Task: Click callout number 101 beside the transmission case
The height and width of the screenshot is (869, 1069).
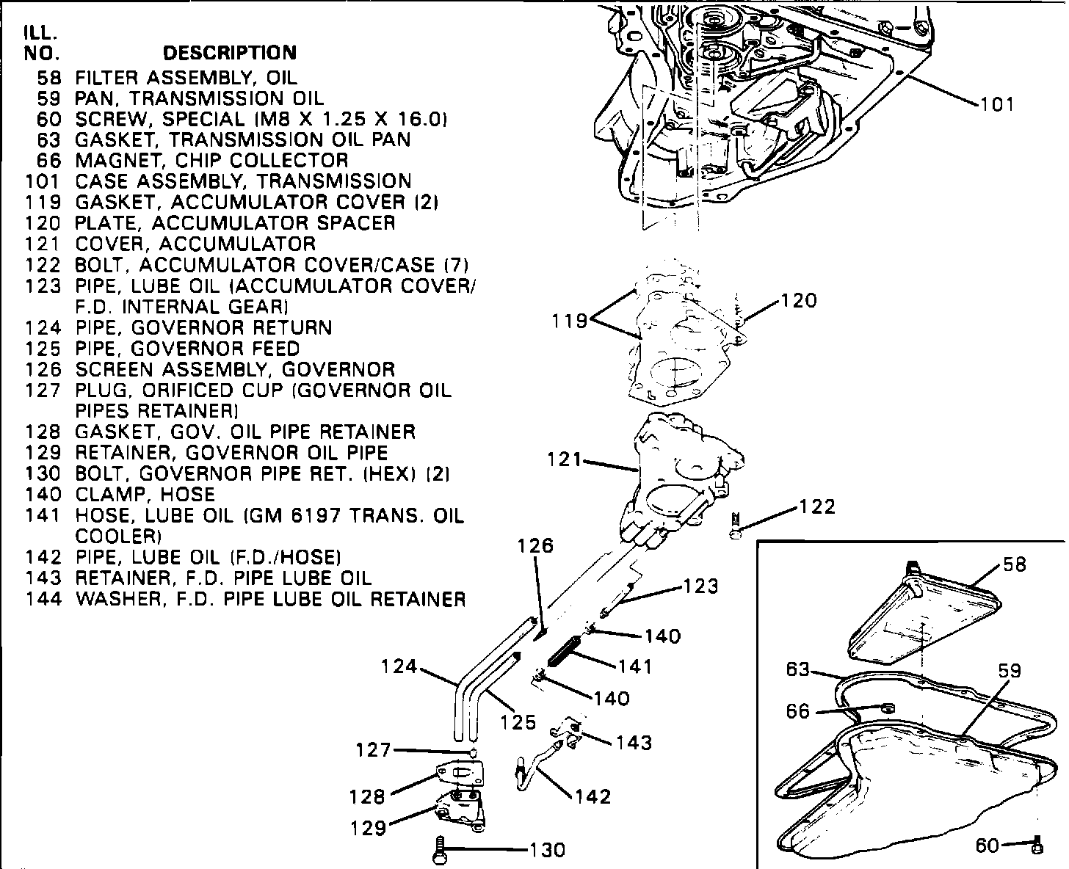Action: click(996, 105)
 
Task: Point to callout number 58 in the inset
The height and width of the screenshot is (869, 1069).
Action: click(1014, 565)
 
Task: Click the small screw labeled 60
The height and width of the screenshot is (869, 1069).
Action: click(1037, 846)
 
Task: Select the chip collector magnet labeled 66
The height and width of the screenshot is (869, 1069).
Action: click(886, 708)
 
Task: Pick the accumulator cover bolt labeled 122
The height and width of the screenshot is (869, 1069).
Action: click(736, 526)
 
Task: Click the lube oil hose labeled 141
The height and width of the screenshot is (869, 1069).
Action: click(564, 652)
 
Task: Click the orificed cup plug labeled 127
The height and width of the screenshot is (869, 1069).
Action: click(474, 752)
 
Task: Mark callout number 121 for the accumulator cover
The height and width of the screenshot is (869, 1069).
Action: click(565, 460)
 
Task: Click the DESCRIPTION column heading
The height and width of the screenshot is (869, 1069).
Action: click(229, 53)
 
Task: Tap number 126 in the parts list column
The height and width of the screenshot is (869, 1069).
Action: click(43, 369)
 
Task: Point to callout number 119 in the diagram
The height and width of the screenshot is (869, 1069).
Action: click(570, 321)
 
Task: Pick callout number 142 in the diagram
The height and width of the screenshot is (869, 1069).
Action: click(593, 796)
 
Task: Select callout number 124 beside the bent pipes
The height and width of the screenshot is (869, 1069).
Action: click(399, 667)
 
